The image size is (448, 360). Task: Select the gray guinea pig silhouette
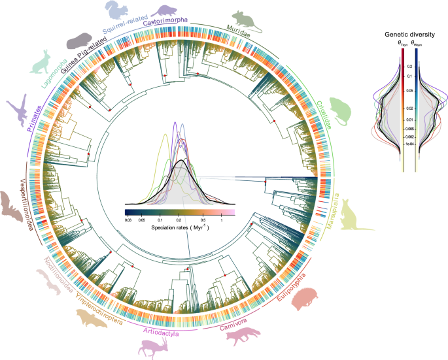[78, 40]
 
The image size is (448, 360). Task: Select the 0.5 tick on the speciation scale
[206, 221]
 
